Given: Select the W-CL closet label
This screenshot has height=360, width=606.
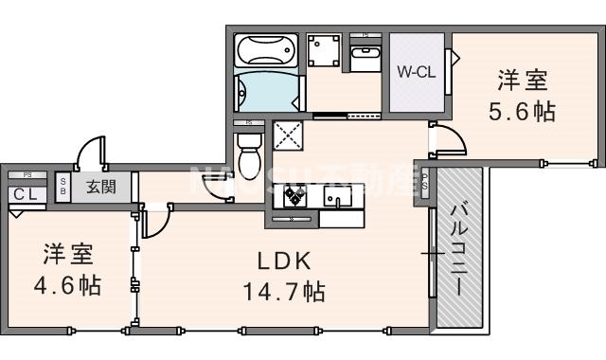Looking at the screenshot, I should click(x=416, y=72).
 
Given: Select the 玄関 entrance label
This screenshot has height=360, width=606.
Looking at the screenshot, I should click(x=102, y=185).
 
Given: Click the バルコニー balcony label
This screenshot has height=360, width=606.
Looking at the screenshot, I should click(x=458, y=249).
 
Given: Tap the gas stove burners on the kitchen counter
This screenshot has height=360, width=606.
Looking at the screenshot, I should click(x=291, y=197).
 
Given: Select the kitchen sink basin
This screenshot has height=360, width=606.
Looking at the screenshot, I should click(x=336, y=197).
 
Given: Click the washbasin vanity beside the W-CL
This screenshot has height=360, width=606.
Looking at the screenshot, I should click(x=365, y=58).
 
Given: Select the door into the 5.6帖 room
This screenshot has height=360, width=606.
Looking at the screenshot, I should click(x=447, y=142).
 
